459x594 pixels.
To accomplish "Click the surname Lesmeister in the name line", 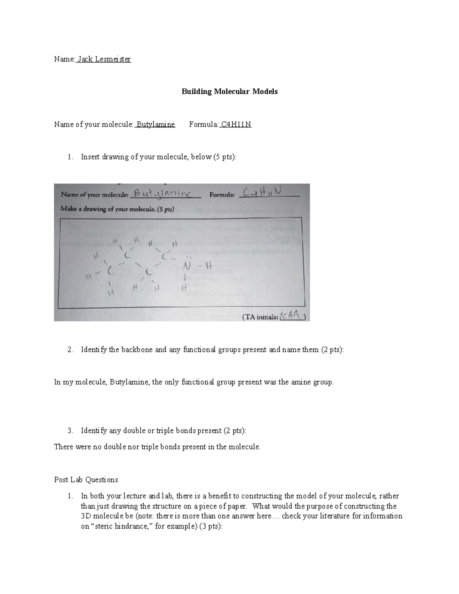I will [x=113, y=59].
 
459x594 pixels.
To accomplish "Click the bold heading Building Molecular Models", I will [x=229, y=92].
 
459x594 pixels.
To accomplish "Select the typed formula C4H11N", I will [x=236, y=124].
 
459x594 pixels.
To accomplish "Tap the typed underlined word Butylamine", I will [x=156, y=124].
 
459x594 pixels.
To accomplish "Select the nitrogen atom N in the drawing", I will [x=186, y=265].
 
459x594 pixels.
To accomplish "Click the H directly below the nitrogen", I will [x=184, y=288].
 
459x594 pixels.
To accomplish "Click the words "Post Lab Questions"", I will [x=86, y=480].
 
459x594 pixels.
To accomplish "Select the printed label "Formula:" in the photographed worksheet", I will [x=222, y=195].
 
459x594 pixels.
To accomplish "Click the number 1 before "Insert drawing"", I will [x=69, y=157].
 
